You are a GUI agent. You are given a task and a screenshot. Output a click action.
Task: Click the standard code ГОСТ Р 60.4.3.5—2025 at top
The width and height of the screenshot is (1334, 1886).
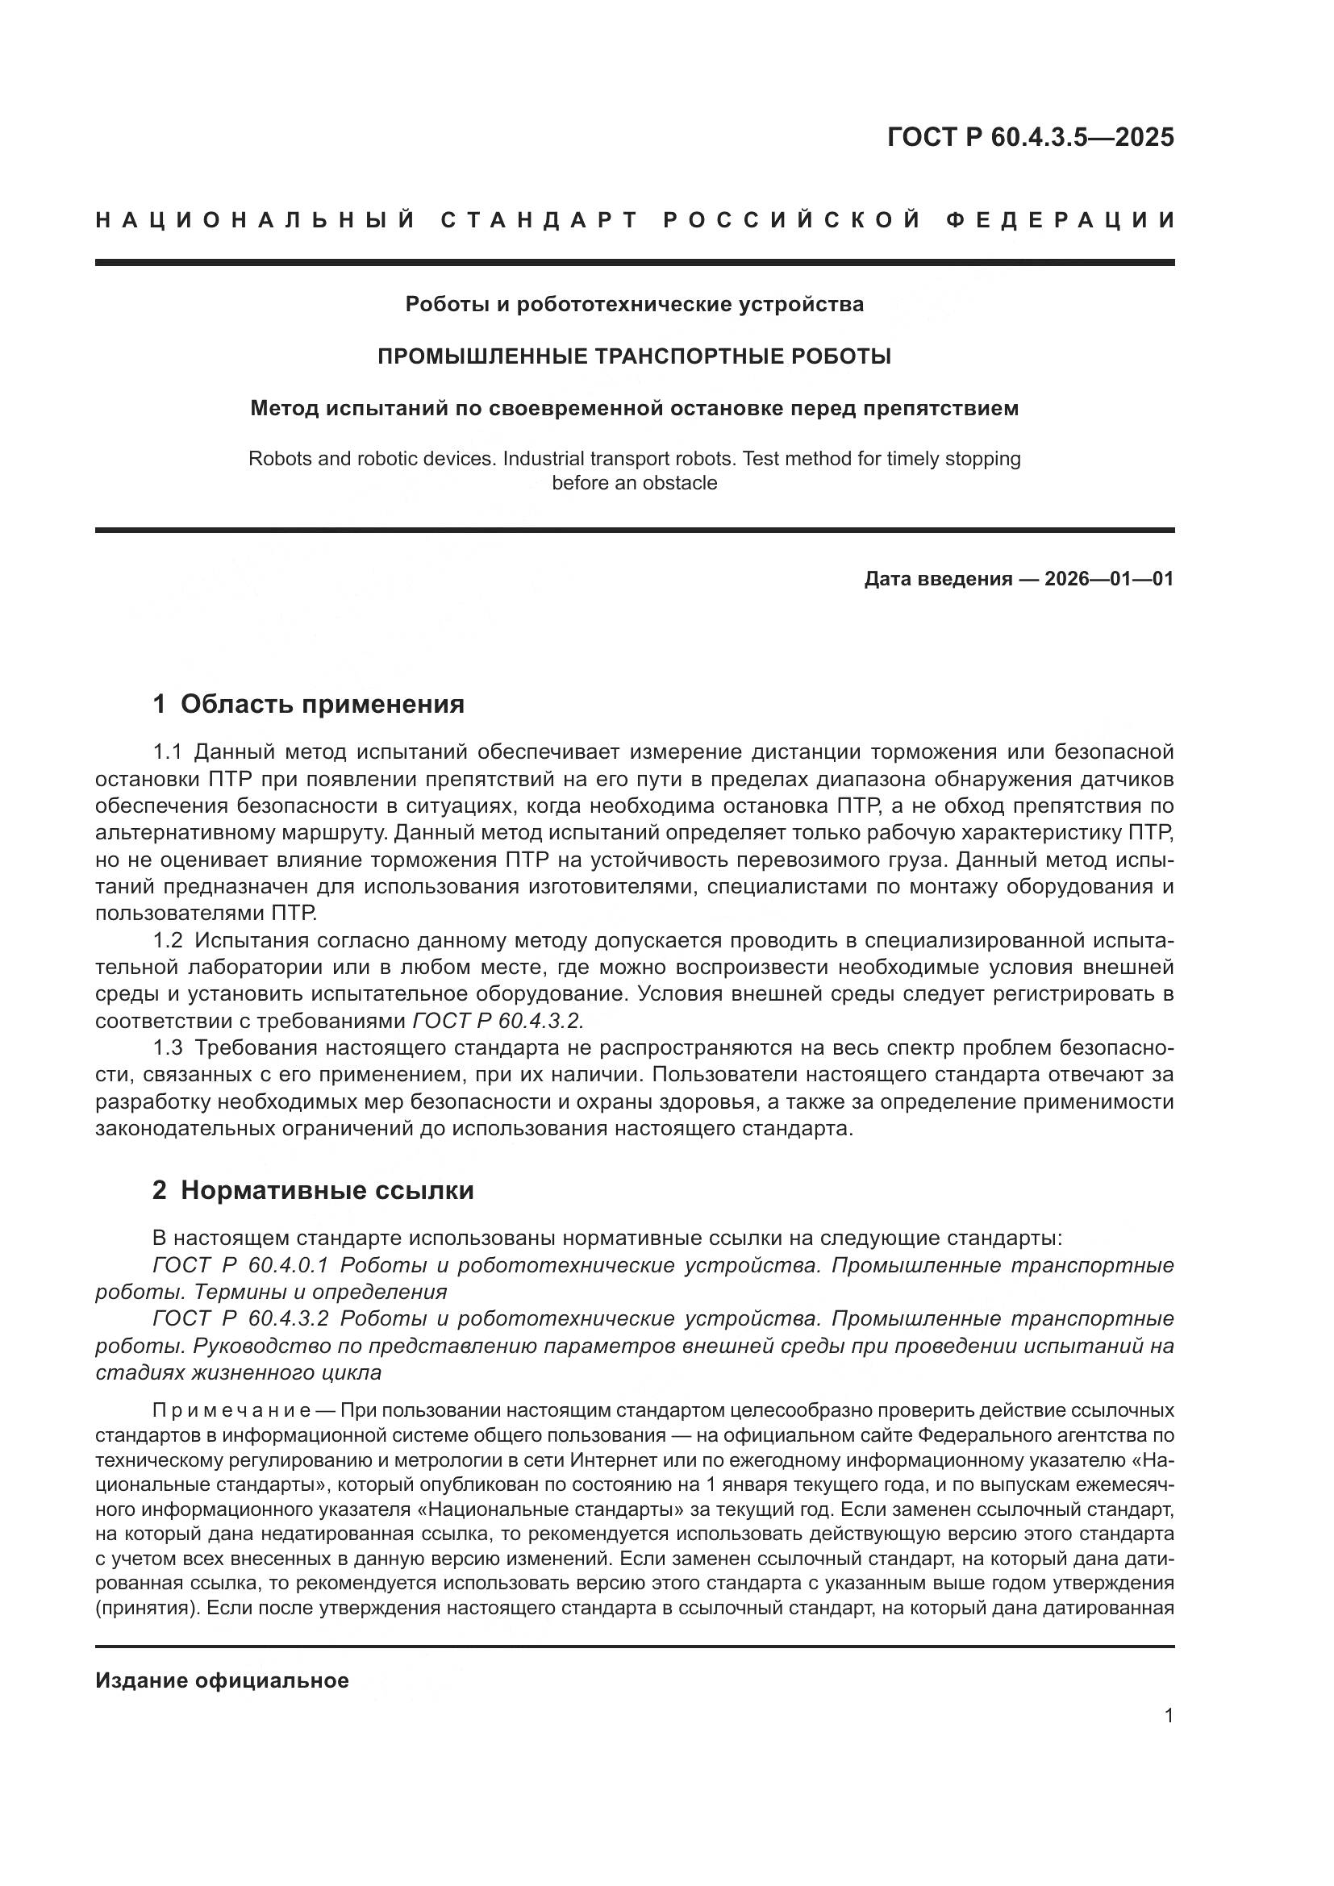point(1030,137)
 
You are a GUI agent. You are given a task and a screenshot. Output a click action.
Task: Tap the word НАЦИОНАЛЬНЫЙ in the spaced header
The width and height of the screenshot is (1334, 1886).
point(256,220)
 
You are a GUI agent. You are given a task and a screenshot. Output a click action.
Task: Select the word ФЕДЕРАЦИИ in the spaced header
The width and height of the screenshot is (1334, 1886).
point(1061,220)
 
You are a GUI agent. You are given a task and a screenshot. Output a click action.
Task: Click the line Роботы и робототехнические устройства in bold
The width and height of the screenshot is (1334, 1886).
point(634,305)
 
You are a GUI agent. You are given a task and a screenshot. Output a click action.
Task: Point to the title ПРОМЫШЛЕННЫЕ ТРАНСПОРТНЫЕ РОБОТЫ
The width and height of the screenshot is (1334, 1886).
point(634,356)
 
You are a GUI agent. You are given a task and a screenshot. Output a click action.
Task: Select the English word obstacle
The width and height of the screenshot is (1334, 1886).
point(680,483)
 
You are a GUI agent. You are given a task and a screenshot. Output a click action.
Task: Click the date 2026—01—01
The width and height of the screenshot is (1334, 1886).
point(1108,579)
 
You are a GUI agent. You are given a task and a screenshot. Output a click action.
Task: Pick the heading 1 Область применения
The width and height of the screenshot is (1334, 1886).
point(309,704)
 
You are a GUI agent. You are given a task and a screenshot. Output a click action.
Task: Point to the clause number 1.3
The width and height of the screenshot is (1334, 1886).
point(169,1048)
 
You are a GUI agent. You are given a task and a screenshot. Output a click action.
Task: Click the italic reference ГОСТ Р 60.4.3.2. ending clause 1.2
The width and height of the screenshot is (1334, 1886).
point(498,1021)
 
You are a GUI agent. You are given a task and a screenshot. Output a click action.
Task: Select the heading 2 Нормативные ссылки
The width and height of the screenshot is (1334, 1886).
point(313,1190)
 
